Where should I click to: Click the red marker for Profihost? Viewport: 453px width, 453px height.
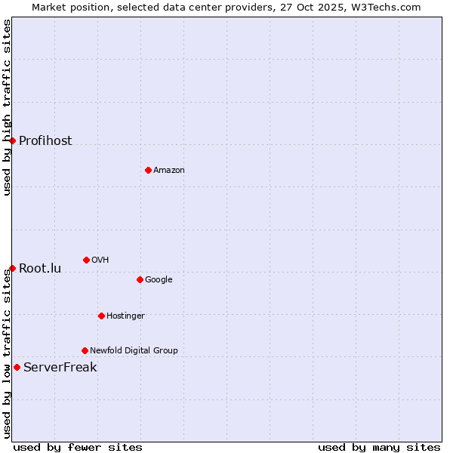click(12, 140)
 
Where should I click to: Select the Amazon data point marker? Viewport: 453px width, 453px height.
click(148, 170)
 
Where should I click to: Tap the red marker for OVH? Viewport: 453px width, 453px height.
click(86, 260)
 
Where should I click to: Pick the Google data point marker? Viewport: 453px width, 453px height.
click(140, 279)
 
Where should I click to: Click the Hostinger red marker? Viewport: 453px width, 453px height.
click(101, 316)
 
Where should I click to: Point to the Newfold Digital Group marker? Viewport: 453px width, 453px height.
click(85, 350)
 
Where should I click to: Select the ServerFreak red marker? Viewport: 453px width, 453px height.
click(17, 367)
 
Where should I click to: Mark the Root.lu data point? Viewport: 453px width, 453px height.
click(12, 268)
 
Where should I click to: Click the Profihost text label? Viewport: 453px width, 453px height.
click(45, 141)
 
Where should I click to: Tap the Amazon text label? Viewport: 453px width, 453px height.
click(169, 171)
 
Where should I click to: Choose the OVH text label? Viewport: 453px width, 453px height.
click(100, 260)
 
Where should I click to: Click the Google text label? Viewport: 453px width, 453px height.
click(159, 280)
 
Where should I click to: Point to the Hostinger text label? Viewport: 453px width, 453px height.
click(125, 316)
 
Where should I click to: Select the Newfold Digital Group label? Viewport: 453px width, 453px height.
click(134, 351)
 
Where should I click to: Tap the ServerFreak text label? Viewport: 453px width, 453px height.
click(60, 368)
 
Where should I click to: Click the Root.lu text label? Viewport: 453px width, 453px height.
click(40, 269)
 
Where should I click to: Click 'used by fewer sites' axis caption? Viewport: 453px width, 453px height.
click(78, 447)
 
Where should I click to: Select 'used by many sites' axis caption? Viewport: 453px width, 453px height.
click(379, 447)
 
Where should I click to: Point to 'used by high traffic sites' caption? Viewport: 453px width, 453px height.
click(7, 107)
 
